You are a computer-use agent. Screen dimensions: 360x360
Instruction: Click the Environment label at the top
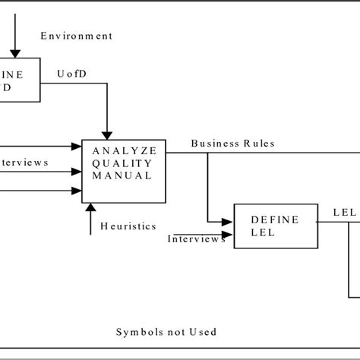tap(77, 36)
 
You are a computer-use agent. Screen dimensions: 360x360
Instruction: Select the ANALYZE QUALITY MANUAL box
tap(124, 172)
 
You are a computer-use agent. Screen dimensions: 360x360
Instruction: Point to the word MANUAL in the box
tap(122, 175)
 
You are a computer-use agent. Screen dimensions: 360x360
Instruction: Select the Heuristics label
tap(128, 226)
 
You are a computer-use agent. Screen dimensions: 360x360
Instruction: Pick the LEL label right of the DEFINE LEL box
tap(343, 213)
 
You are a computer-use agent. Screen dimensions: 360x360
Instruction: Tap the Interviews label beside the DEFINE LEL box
tap(196, 238)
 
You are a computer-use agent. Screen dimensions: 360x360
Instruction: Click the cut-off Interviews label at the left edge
tap(25, 163)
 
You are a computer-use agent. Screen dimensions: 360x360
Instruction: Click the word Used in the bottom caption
tap(204, 332)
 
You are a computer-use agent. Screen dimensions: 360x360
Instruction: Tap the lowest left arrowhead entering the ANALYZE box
tap(77, 190)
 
